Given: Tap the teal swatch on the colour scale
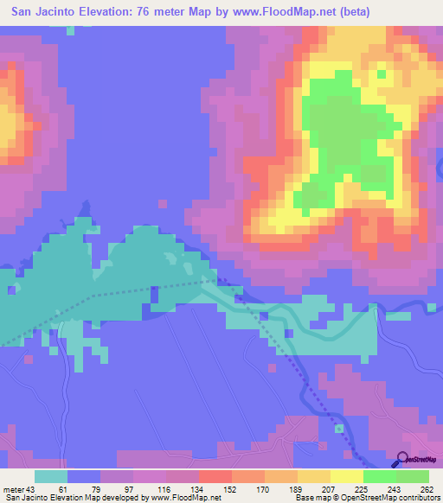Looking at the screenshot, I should point(50,476).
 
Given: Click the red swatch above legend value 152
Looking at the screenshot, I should point(214,476).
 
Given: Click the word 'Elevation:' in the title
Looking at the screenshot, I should point(105,11).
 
